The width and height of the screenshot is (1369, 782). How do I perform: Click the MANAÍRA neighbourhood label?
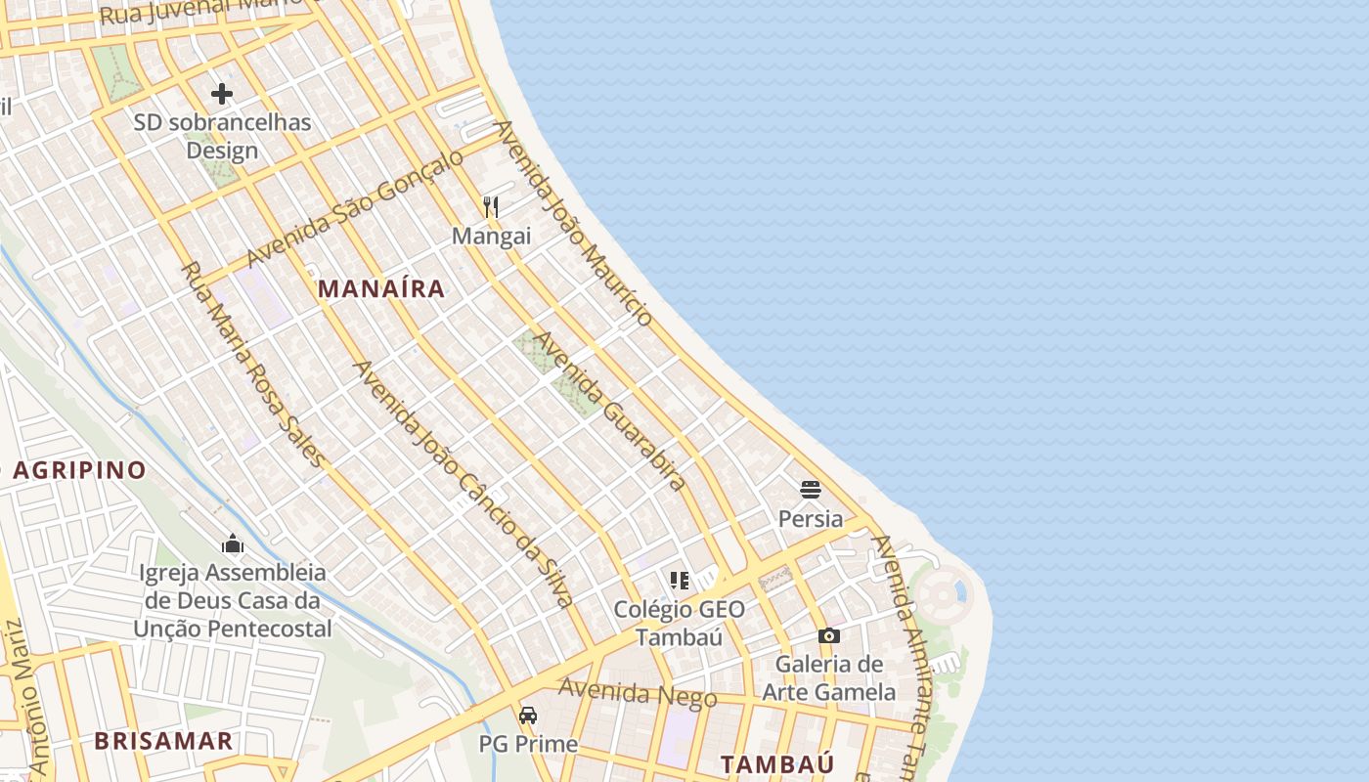pyautogui.click(x=381, y=288)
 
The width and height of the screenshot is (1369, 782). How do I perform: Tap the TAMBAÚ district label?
pyautogui.click(x=777, y=764)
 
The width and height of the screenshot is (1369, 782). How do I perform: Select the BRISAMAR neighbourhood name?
pyautogui.click(x=163, y=740)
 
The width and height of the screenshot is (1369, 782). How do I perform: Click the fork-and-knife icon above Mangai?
pyautogui.click(x=491, y=206)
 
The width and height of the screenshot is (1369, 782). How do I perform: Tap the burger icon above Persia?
pyautogui.click(x=810, y=489)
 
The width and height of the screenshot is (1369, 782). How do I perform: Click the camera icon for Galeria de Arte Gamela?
pyautogui.click(x=829, y=635)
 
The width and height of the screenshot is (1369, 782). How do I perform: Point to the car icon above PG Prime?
pyautogui.click(x=528, y=715)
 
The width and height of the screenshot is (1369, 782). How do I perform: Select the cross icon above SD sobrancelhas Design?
pyautogui.click(x=222, y=94)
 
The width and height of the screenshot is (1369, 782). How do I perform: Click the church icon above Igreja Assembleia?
pyautogui.click(x=233, y=543)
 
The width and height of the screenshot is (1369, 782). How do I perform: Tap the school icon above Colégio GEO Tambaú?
pyautogui.click(x=680, y=581)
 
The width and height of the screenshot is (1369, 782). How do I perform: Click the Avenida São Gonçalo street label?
pyautogui.click(x=355, y=208)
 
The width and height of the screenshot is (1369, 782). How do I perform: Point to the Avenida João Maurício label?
pyautogui.click(x=573, y=223)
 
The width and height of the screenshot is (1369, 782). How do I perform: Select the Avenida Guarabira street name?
pyautogui.click(x=610, y=411)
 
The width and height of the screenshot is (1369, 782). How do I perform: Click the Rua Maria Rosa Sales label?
pyautogui.click(x=252, y=364)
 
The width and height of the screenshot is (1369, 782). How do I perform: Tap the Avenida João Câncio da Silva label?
pyautogui.click(x=462, y=483)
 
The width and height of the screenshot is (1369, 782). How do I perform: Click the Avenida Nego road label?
pyautogui.click(x=638, y=693)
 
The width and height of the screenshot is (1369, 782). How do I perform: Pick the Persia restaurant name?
pyautogui.click(x=810, y=519)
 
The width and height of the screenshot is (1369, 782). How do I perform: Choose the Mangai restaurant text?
pyautogui.click(x=491, y=236)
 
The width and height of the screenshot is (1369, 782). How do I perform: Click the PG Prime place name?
pyautogui.click(x=528, y=744)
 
